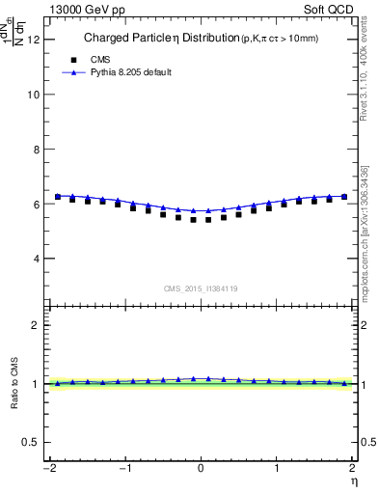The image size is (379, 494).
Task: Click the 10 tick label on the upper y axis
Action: tap(33, 95)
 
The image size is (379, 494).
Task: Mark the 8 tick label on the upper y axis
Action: tap(36, 150)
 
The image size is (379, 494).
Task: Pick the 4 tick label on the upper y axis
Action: tap(36, 259)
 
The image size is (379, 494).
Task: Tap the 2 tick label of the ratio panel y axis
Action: tap(36, 325)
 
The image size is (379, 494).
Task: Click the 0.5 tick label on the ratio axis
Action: tap(32, 442)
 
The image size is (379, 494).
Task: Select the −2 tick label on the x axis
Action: tap(48, 468)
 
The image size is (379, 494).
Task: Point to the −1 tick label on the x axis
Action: tap(123, 468)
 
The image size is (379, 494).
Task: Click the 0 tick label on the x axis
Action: tap(201, 468)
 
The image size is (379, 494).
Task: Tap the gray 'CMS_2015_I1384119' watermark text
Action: tap(201, 288)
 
